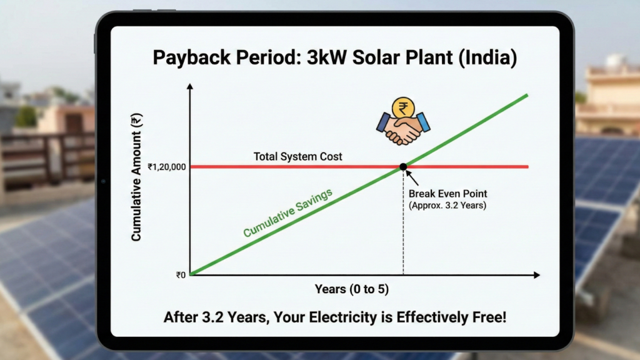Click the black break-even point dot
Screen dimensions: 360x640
(403, 166)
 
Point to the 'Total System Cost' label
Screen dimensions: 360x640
(297, 156)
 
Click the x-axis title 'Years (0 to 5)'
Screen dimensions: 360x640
(351, 289)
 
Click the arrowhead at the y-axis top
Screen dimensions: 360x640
(190, 86)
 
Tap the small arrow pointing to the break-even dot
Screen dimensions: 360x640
(411, 176)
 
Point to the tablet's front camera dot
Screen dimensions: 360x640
(103, 181)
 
